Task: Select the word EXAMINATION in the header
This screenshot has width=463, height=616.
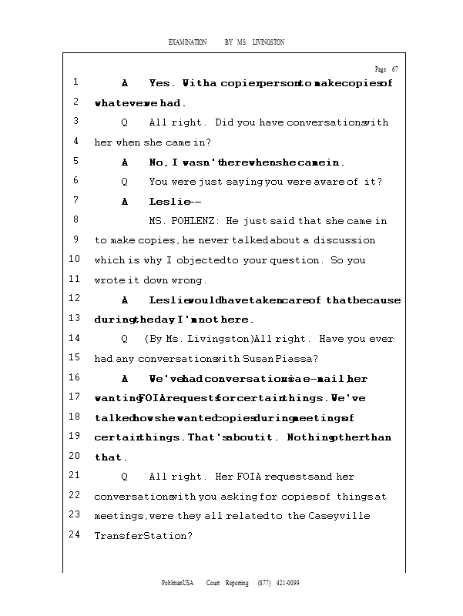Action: coord(187,42)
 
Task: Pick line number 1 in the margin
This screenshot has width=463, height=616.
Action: coord(75,82)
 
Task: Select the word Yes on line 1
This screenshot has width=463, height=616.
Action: coord(162,83)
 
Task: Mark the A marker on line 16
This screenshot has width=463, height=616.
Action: coord(125,378)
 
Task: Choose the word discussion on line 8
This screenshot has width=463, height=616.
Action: coord(344,241)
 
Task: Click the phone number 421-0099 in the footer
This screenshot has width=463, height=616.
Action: coord(287,584)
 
